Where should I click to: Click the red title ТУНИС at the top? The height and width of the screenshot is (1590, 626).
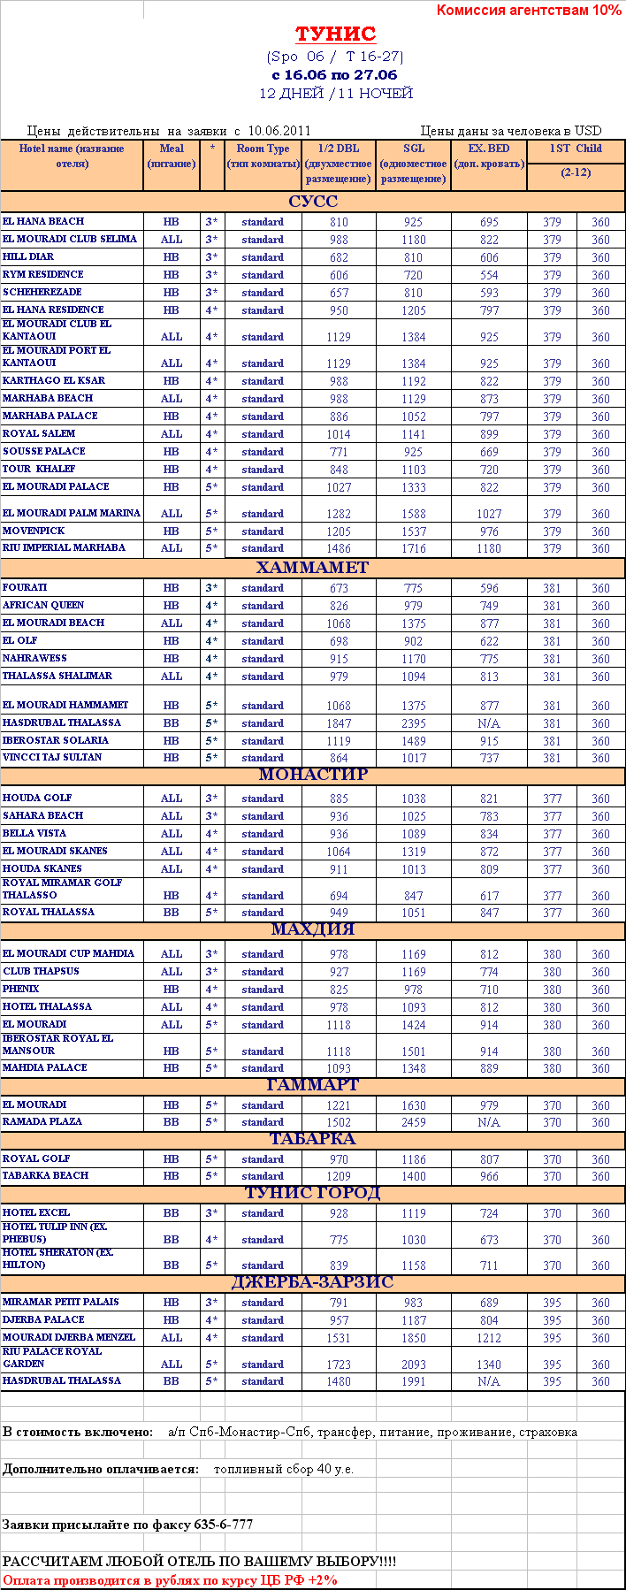click(x=335, y=34)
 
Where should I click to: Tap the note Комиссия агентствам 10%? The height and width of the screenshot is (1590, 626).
click(x=529, y=11)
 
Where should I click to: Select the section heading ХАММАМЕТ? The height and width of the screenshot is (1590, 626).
click(x=312, y=568)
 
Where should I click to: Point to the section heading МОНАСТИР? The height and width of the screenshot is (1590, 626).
click(x=313, y=775)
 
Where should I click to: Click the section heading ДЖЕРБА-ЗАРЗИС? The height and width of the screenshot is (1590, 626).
click(x=312, y=1282)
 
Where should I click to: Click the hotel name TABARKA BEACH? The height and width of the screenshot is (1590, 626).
click(x=46, y=1175)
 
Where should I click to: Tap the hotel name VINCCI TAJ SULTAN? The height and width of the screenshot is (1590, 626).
click(x=52, y=757)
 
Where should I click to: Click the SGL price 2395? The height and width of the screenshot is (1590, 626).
click(x=414, y=723)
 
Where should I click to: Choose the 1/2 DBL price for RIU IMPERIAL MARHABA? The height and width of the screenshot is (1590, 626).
click(x=339, y=548)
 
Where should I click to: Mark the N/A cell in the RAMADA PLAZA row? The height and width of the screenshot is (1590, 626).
click(x=489, y=1122)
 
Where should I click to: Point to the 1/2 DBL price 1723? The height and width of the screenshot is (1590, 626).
click(x=339, y=1364)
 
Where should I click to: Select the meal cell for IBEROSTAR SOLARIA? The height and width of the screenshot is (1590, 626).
click(x=172, y=740)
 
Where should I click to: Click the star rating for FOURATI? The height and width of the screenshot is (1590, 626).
click(x=211, y=588)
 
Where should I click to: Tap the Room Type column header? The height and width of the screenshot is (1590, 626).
click(x=263, y=156)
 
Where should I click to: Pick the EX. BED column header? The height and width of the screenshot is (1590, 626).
click(x=489, y=156)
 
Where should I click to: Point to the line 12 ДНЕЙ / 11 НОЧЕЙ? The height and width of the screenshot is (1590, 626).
click(x=336, y=93)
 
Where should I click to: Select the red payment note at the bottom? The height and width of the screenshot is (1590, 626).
click(x=170, y=1580)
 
